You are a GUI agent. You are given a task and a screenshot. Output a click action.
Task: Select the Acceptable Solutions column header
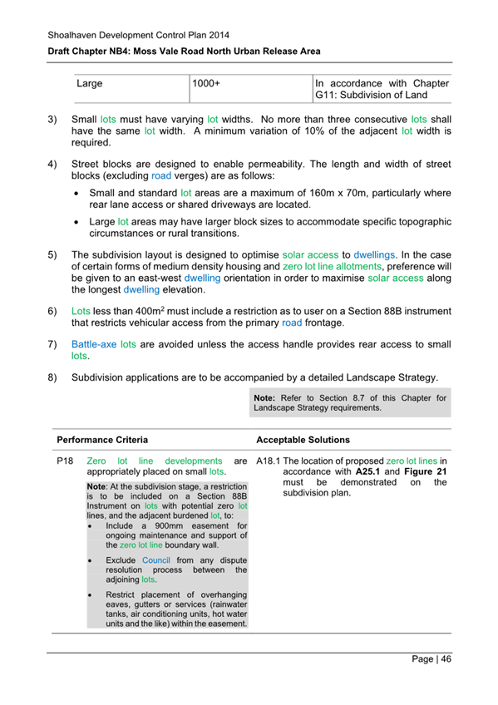[x=303, y=439]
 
